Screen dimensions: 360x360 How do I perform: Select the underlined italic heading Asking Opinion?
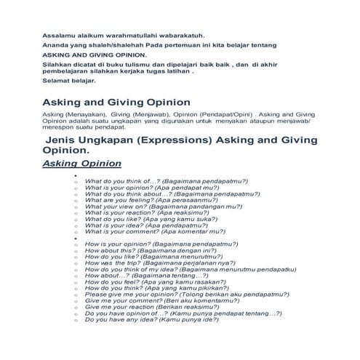coord(81,164)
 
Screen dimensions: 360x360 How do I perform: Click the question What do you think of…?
coord(166,180)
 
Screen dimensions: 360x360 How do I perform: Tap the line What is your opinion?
coord(147,187)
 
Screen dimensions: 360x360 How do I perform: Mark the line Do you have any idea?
coord(146,319)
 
